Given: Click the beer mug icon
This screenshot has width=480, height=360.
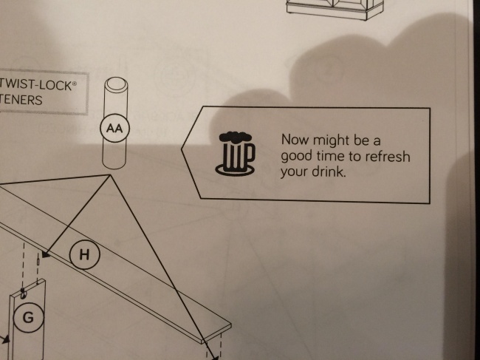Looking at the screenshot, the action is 235,154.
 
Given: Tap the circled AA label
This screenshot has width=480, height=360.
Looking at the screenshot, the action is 114,128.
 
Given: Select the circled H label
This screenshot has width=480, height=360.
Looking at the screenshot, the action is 84,254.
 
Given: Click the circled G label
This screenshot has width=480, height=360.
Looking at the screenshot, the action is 29,317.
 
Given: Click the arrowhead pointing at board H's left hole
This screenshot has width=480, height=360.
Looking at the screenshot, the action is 46,254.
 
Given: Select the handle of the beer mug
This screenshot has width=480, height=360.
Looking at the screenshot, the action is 250,152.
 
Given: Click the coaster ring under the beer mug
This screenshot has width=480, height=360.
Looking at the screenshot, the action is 235,170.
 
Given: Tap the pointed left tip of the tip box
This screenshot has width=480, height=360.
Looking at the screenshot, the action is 182,149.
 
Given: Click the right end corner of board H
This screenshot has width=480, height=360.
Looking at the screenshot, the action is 231,324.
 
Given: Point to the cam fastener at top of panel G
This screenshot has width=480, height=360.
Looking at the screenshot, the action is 24,293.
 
